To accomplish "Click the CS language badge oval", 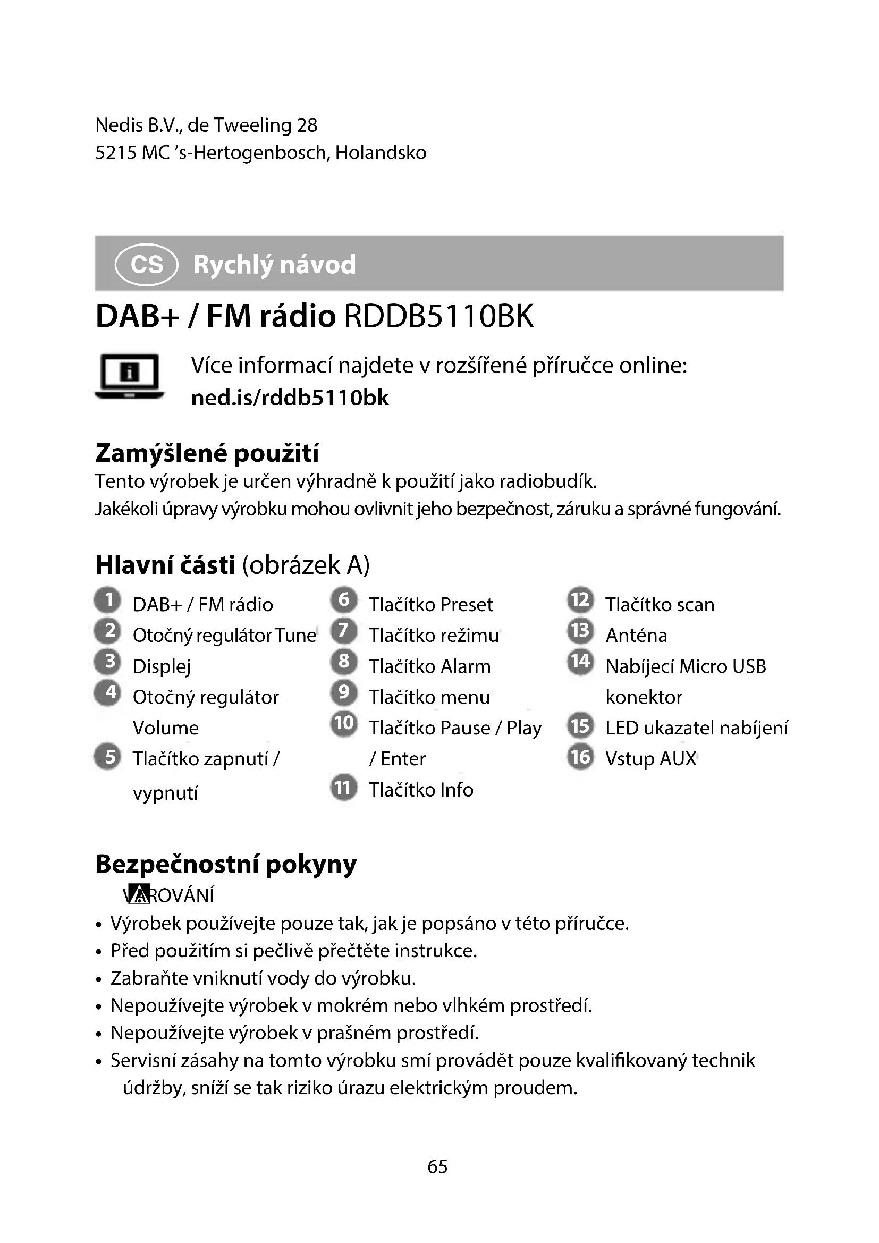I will pos(146,265).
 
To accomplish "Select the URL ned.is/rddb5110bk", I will pos(290,398).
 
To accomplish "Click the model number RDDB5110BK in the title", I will pos(438,316).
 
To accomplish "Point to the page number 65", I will pos(437,1166).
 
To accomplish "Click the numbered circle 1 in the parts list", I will pos(108,600).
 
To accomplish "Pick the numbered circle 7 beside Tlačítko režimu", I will pos(344,631).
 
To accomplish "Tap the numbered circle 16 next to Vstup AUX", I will pos(581,756).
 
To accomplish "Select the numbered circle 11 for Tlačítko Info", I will pos(344,788).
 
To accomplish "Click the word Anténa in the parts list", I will pos(636,636).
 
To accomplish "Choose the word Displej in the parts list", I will pos(162,667).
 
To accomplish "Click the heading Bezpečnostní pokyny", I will pos(226,864).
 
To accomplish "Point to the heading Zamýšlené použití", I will pos(207,453).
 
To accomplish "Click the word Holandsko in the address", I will pos(381,153).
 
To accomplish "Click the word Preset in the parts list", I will pos(466,605).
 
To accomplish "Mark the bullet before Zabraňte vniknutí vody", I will pos(98,980).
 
